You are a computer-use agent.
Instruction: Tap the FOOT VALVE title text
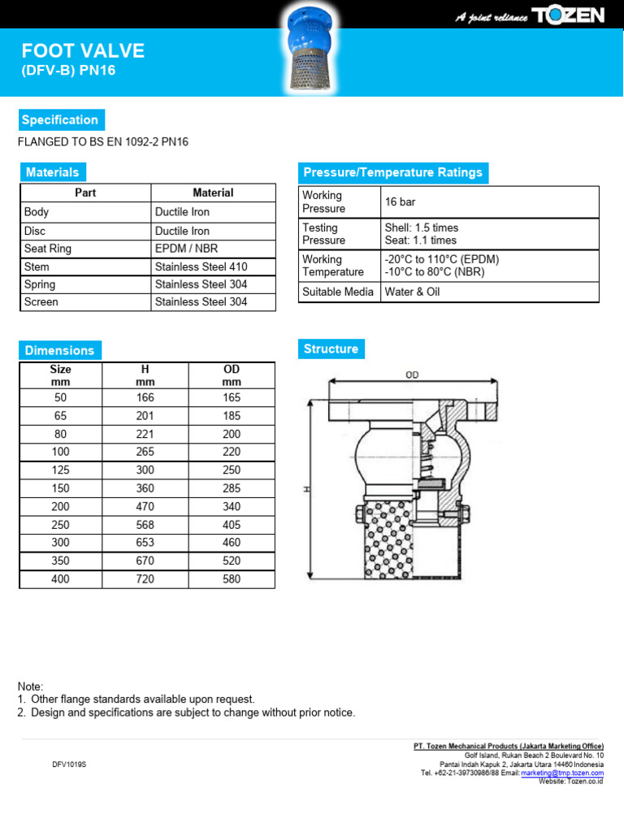pyautogui.click(x=83, y=51)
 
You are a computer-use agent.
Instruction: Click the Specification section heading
pyautogui.click(x=60, y=120)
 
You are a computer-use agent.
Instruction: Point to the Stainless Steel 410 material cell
pyautogui.click(x=201, y=266)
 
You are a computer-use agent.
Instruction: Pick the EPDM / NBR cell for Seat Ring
pyautogui.click(x=186, y=249)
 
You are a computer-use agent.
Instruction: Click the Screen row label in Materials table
pyautogui.click(x=41, y=301)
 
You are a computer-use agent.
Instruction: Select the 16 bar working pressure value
pyautogui.click(x=400, y=201)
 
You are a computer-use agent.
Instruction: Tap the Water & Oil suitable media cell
pyautogui.click(x=412, y=292)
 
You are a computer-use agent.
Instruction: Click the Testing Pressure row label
pyautogui.click(x=323, y=234)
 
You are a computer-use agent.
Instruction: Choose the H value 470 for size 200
pyautogui.click(x=145, y=506)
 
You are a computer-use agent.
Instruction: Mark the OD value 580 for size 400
pyautogui.click(x=232, y=579)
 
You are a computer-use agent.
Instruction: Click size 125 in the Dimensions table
pyautogui.click(x=61, y=470)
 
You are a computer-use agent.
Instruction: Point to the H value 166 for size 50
pyautogui.click(x=145, y=397)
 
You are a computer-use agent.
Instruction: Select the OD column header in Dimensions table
pyautogui.click(x=232, y=375)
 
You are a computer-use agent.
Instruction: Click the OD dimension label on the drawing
pyautogui.click(x=413, y=375)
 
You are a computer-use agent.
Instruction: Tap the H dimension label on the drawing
pyautogui.click(x=307, y=489)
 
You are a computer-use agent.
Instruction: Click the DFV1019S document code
pyautogui.click(x=69, y=765)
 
